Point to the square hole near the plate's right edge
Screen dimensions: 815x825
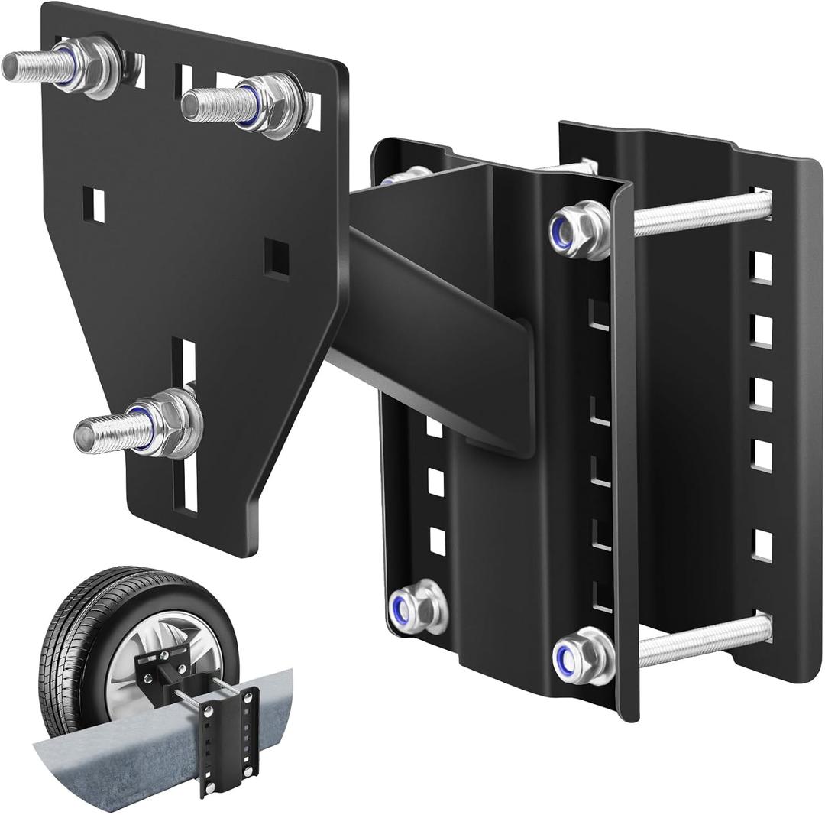click(277, 258)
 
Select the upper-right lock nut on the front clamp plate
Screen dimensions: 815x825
click(579, 229)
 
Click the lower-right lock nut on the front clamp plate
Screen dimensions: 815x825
click(583, 655)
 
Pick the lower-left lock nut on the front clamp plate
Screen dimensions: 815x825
click(417, 606)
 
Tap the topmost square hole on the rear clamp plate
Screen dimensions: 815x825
click(761, 267)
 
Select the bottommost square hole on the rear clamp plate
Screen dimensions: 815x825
click(762, 544)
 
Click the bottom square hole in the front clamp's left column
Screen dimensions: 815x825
click(437, 540)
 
